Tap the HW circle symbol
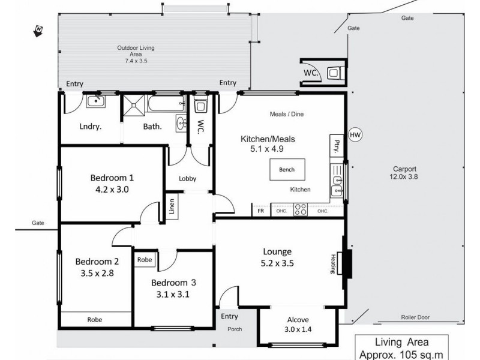355,134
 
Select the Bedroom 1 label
112,178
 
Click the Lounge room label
277,251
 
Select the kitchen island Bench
287,169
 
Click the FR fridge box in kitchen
260,211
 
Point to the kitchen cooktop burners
301,210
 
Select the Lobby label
188,178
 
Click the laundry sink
95,101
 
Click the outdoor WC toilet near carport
334,73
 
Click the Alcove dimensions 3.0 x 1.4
296,329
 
